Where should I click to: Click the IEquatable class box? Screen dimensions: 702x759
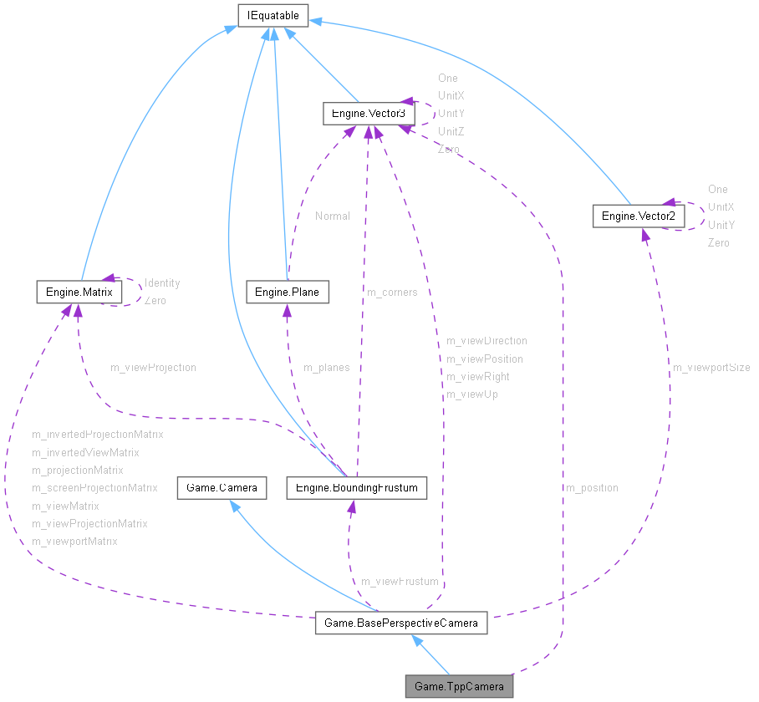(x=273, y=15)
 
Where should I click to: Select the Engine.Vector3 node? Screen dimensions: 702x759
(x=369, y=113)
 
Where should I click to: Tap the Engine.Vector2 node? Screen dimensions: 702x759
(x=639, y=216)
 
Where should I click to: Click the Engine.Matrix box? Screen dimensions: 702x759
(x=79, y=292)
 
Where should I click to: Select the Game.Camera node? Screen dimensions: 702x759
(x=222, y=487)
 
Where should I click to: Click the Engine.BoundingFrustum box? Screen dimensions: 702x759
(x=357, y=487)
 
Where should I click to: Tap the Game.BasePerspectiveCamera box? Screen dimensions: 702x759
(x=400, y=623)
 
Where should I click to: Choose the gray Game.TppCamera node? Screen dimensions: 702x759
(x=459, y=687)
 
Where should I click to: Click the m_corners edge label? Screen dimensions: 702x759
(x=392, y=292)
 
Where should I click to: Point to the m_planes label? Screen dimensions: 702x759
(x=326, y=367)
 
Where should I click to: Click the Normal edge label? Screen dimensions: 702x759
(x=333, y=216)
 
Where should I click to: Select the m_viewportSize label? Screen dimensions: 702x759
(x=711, y=367)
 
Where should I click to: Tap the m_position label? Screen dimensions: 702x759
(x=592, y=487)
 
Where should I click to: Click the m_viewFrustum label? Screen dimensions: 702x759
(x=400, y=581)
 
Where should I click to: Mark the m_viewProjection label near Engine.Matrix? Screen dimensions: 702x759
(x=153, y=367)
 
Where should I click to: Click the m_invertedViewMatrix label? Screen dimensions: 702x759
(x=85, y=452)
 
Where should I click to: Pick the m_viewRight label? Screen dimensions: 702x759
(x=477, y=376)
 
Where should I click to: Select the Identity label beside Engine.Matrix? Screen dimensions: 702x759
(x=162, y=282)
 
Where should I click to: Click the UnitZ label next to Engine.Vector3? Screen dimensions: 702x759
(x=451, y=131)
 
